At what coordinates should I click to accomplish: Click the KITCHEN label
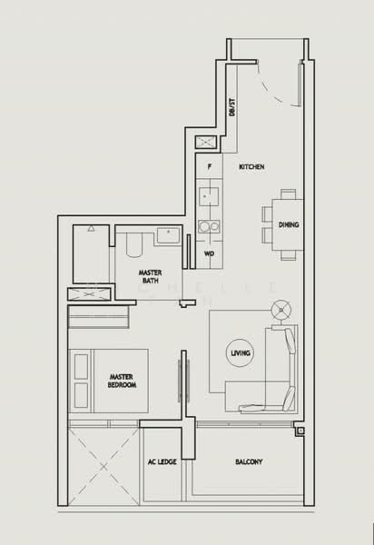pos(251,168)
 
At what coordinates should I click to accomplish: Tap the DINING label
pos(289,224)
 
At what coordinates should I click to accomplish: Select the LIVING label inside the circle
pos(241,352)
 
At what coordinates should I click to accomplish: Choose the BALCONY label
pos(249,462)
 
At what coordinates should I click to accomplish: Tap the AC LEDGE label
pos(162,462)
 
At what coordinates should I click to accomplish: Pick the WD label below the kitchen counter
pos(209,253)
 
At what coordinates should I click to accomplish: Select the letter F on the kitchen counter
pos(210,167)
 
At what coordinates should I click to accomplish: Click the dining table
pos(288,224)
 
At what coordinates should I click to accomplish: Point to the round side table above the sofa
pos(282,310)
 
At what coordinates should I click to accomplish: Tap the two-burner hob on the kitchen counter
pos(209,226)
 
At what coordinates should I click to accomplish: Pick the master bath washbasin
pos(169,237)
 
